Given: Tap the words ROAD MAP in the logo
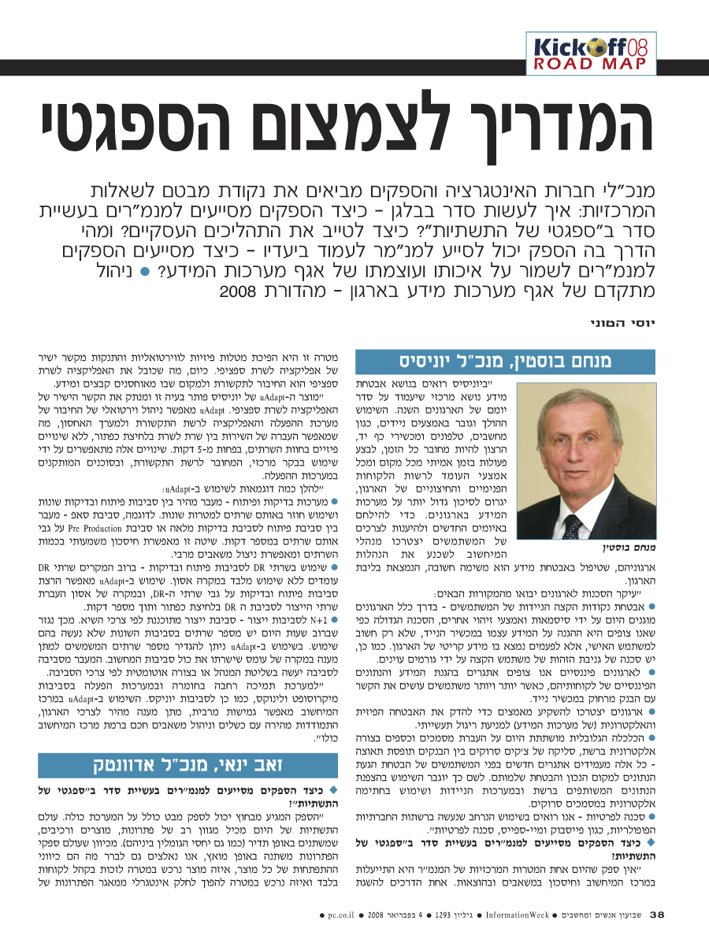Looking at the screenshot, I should (x=589, y=64).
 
